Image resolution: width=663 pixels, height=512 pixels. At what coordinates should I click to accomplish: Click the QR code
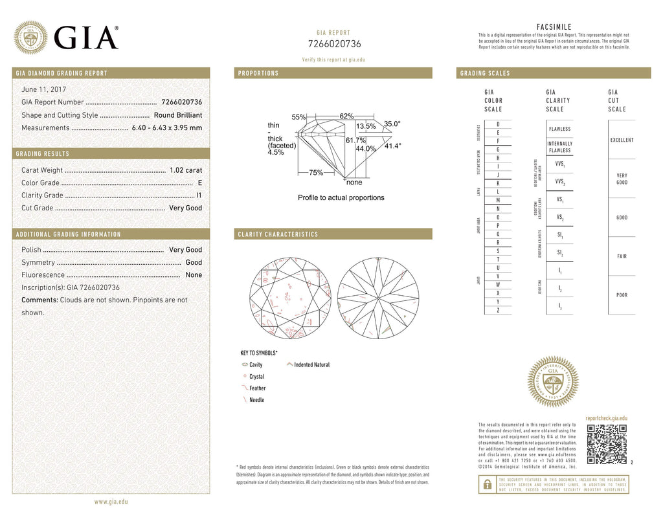(606, 444)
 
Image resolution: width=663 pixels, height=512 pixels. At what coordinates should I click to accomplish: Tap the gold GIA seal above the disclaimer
(552, 381)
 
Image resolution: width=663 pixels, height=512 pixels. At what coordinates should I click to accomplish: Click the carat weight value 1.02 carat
(186, 170)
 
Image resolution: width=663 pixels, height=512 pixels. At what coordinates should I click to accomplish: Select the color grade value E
(200, 183)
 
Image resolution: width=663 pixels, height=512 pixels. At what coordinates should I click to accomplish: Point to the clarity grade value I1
(199, 195)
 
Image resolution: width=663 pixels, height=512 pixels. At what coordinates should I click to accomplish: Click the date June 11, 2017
(43, 89)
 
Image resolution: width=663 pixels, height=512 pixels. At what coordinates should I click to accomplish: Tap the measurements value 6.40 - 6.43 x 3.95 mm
(167, 128)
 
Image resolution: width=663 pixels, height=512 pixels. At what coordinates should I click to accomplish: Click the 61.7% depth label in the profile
(355, 140)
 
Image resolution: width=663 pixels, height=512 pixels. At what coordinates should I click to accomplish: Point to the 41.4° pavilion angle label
(393, 146)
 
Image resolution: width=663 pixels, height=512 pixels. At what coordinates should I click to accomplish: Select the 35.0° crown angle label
(392, 123)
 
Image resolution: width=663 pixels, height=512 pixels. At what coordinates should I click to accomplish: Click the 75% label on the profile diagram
(316, 173)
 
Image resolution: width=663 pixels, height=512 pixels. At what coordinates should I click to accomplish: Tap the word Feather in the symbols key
(257, 388)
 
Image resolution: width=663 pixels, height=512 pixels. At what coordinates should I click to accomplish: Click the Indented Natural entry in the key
(311, 365)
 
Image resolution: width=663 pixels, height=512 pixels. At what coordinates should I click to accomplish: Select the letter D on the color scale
(498, 124)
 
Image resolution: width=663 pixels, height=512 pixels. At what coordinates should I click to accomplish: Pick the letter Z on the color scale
(498, 310)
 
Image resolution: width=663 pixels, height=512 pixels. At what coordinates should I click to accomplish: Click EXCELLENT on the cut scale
(622, 140)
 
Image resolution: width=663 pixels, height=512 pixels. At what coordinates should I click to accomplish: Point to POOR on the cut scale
(622, 295)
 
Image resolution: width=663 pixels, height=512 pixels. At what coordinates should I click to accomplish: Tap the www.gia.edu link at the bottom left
(111, 502)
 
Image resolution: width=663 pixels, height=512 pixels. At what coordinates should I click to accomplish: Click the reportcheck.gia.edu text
(606, 419)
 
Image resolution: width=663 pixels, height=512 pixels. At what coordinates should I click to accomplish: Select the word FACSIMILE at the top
(554, 27)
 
